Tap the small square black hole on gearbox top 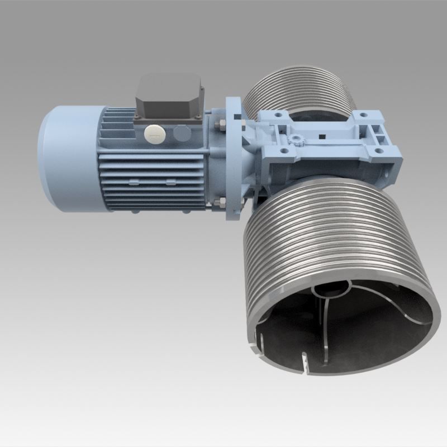coord(322,135)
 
